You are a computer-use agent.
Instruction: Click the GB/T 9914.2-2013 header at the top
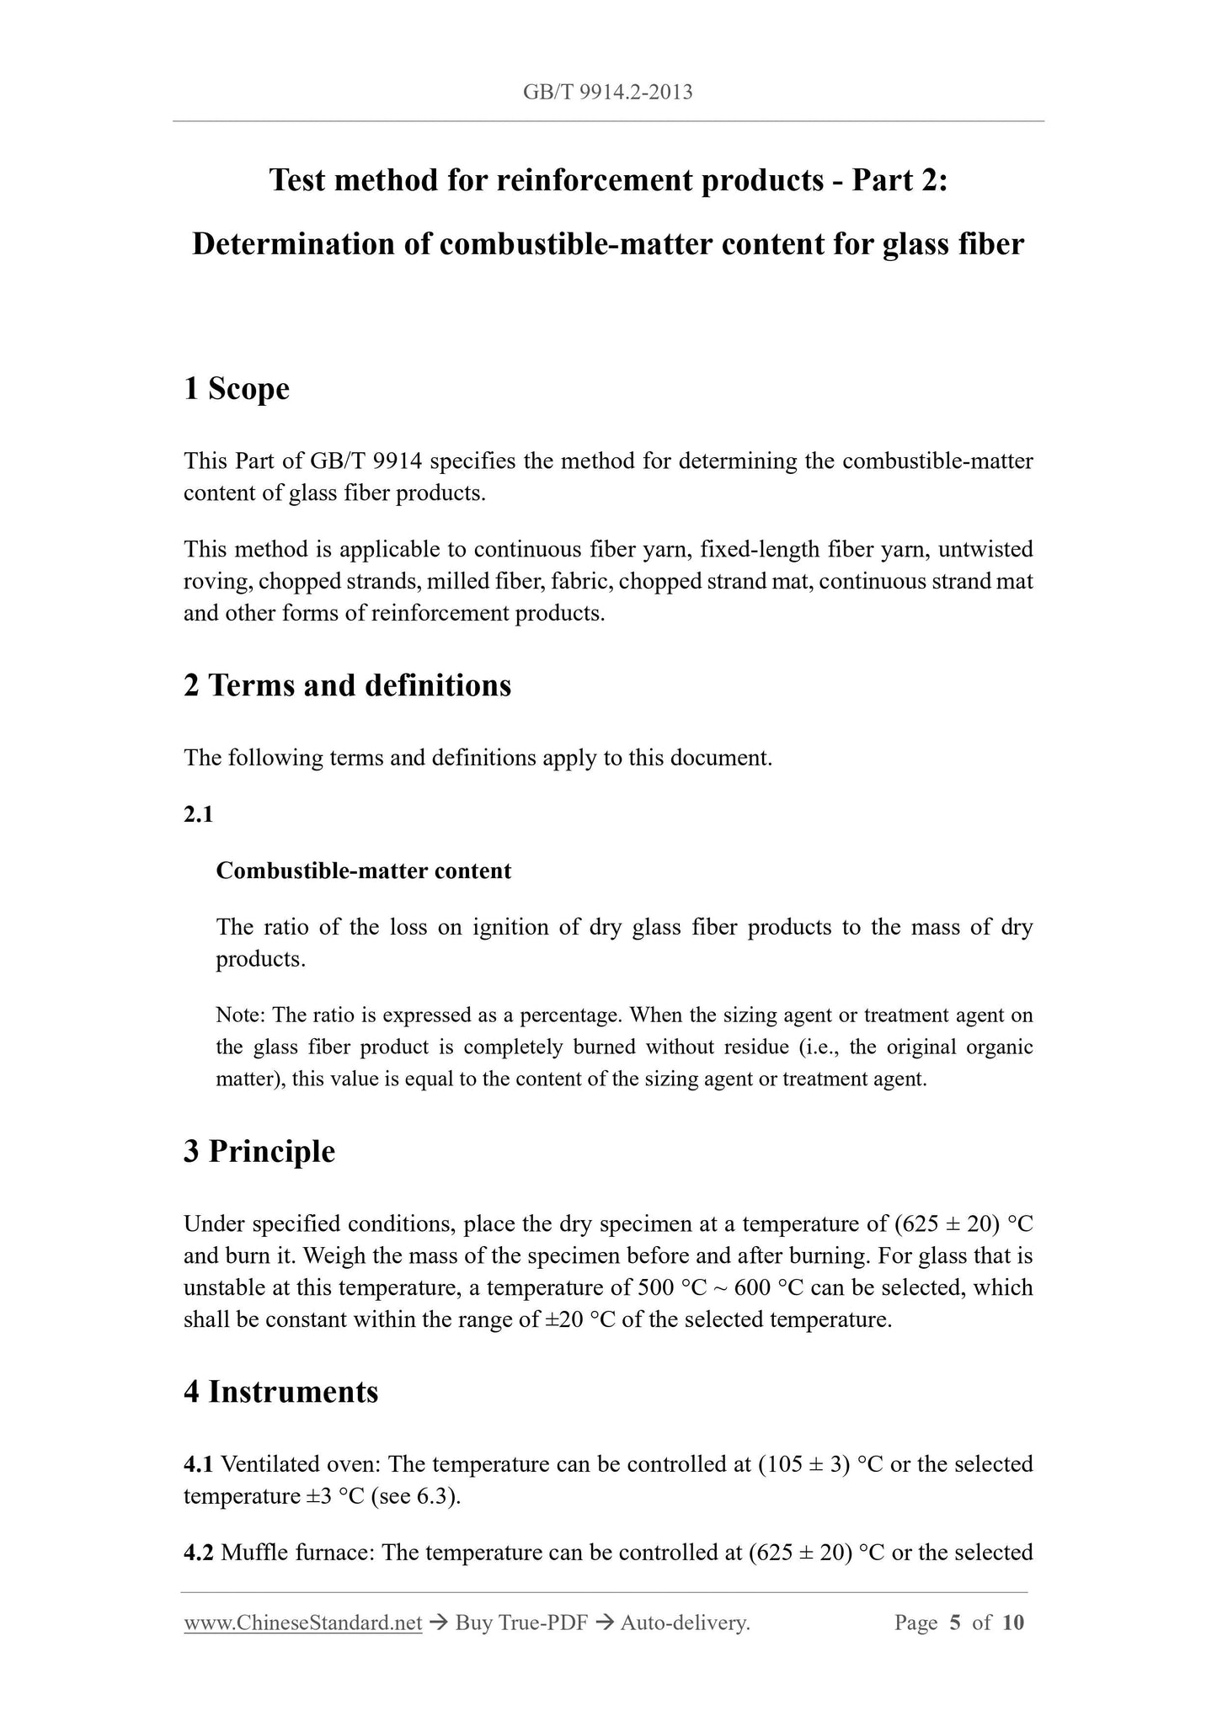coord(607,92)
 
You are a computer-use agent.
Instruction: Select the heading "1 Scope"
coord(237,389)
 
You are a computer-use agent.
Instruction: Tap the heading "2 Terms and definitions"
coord(347,685)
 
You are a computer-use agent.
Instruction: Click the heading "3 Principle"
coord(259,1151)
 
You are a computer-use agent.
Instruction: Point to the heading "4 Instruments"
coord(280,1392)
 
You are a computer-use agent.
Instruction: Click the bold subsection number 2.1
coord(198,814)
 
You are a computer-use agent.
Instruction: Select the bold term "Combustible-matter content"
coord(363,871)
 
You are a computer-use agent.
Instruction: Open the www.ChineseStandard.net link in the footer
coord(302,1622)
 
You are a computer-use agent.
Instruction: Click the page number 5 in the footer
coord(955,1622)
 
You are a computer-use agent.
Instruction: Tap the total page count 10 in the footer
coord(1013,1622)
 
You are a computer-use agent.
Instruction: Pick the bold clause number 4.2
coord(199,1552)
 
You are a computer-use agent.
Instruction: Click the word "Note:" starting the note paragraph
coord(241,1015)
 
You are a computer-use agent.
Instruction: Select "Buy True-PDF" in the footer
coord(521,1622)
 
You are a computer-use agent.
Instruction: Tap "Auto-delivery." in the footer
coord(685,1622)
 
